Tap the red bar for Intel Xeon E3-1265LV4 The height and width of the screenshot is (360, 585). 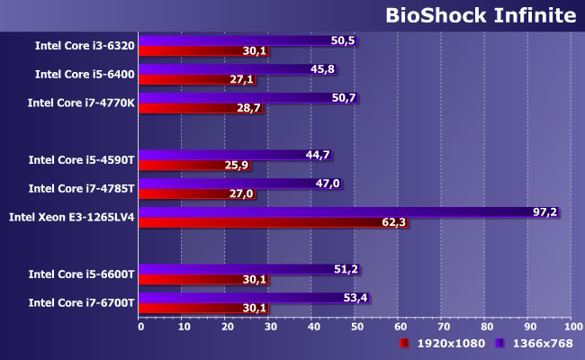(x=274, y=222)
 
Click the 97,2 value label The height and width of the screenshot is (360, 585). (x=545, y=212)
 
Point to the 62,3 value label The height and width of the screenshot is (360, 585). (x=394, y=222)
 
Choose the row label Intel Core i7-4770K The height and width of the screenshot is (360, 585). (x=82, y=103)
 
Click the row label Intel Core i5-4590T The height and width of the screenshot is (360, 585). (x=81, y=160)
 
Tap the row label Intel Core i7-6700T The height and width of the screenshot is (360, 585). (x=81, y=302)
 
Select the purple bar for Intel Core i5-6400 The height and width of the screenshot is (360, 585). (x=238, y=68)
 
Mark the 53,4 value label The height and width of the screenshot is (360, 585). (x=356, y=298)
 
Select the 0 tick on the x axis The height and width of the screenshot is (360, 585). (x=140, y=327)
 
